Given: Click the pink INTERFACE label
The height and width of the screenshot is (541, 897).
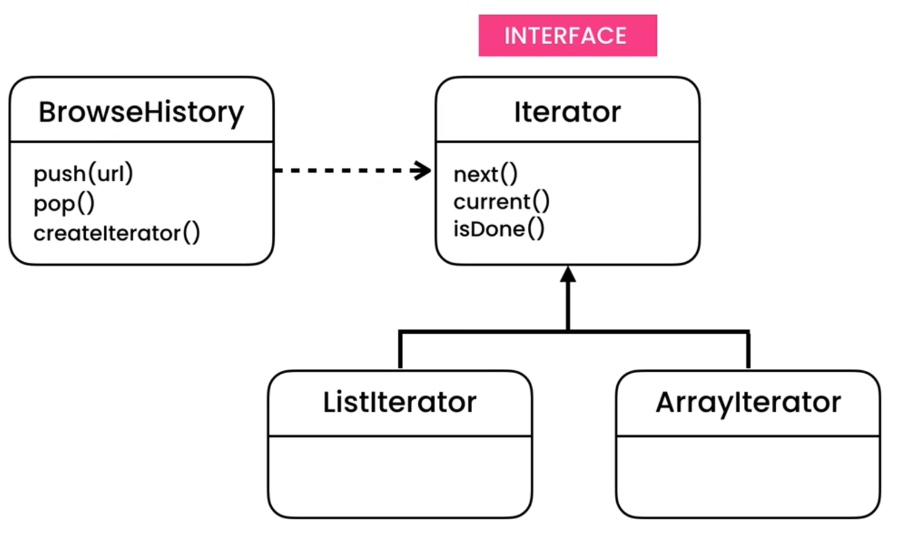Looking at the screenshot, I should click(x=567, y=36).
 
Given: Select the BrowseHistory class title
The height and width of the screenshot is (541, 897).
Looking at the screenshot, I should click(x=141, y=112).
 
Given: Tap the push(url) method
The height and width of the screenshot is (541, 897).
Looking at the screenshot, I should click(x=83, y=174).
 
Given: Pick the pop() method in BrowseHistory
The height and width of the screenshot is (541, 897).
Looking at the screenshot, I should click(x=64, y=204).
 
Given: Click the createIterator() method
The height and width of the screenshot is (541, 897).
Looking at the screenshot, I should click(x=116, y=233).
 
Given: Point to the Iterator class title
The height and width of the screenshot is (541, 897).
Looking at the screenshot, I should click(x=567, y=112).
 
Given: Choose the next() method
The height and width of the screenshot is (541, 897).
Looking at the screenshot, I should click(x=485, y=174).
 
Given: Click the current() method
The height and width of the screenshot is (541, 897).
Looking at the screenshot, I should click(x=501, y=202).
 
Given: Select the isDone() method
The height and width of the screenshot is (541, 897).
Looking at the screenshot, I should click(x=499, y=229).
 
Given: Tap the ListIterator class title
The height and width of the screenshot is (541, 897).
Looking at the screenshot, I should click(x=399, y=402).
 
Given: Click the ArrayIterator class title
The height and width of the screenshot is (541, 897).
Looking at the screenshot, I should click(x=748, y=402).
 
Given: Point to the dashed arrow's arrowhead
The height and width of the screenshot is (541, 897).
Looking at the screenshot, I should click(x=422, y=170).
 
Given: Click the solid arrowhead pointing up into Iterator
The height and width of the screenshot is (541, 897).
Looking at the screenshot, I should click(x=568, y=276).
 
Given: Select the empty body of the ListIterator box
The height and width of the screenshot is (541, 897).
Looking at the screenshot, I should click(x=399, y=476).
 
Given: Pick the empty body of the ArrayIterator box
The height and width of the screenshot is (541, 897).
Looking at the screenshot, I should click(x=748, y=476).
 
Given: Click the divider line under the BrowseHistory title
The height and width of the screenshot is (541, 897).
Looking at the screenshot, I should click(x=141, y=142).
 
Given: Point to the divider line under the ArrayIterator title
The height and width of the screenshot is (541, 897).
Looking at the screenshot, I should click(x=748, y=436).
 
